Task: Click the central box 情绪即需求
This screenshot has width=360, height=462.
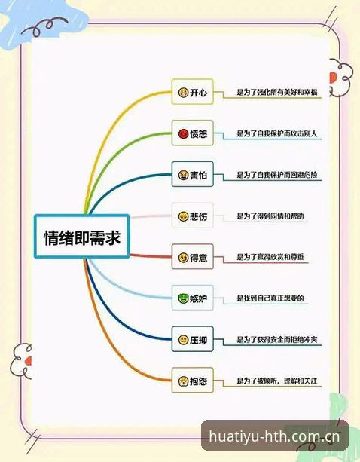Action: [82, 237]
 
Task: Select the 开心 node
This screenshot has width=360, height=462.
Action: [193, 92]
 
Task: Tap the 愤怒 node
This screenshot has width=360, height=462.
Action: [193, 133]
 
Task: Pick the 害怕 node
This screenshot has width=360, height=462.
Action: [193, 174]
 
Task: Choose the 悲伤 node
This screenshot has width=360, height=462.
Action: [193, 216]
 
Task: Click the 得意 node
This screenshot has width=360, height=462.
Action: [193, 257]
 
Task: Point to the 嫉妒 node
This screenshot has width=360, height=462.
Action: [193, 298]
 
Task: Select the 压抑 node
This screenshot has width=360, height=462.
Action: [193, 339]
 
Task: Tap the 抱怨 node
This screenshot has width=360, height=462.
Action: [193, 381]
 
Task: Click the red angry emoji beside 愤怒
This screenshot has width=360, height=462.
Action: [183, 133]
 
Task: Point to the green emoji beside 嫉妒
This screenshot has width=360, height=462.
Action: [183, 298]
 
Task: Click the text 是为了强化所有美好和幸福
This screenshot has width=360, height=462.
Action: [277, 92]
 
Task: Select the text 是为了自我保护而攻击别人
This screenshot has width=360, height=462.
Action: [277, 133]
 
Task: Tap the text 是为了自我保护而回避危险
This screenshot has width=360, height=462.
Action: [277, 175]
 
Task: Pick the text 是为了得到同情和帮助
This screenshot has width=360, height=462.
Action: [270, 216]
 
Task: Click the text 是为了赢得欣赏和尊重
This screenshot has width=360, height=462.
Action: [270, 257]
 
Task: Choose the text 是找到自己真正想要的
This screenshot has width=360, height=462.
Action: [270, 298]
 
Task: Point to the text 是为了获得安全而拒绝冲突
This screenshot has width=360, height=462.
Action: [277, 339]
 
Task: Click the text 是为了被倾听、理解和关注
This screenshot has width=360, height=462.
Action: [277, 381]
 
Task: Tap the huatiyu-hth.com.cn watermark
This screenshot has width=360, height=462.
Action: [274, 436]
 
